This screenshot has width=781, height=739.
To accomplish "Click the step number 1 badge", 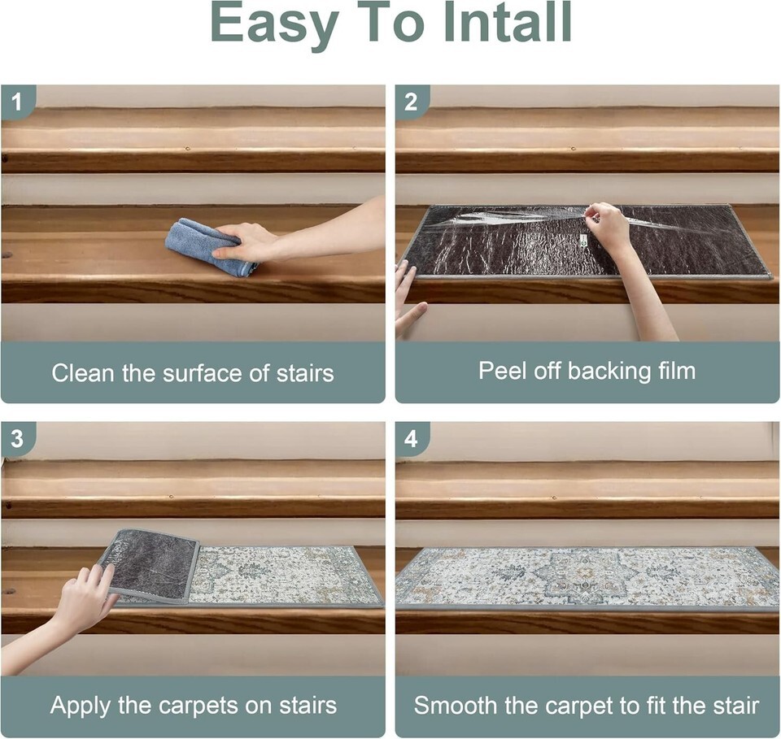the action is click(17, 102).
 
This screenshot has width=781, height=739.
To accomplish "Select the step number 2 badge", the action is click(411, 102).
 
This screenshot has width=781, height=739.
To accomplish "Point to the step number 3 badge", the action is click(17, 439).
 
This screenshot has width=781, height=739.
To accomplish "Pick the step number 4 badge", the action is click(411, 439).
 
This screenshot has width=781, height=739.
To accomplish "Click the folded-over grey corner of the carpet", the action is click(150, 567).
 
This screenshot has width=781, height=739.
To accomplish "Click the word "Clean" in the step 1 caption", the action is click(83, 372).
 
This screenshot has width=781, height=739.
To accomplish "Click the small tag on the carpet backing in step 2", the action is click(584, 242).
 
